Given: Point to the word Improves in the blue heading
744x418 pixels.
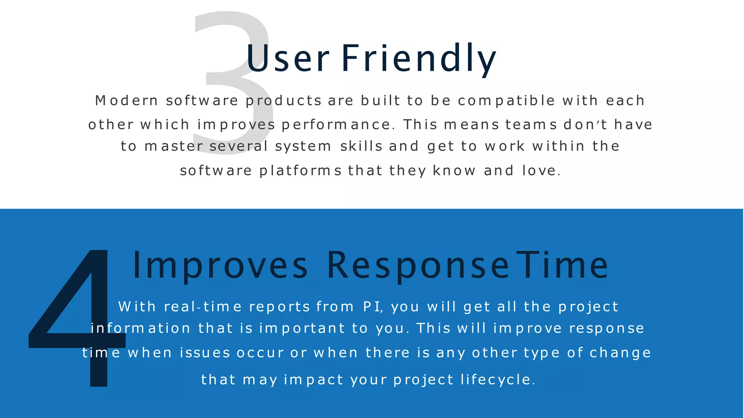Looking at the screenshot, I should tap(220, 266).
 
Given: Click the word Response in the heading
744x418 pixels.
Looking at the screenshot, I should tap(418, 266).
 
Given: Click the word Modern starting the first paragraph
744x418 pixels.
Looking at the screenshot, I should tap(126, 101).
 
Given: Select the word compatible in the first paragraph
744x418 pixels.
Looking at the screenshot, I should tap(506, 101).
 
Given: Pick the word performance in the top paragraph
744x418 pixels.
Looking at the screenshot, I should tap(338, 125).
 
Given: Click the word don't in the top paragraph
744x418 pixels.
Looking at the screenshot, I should tap(585, 125).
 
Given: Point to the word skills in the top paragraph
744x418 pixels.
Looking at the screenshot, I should tap(361, 146).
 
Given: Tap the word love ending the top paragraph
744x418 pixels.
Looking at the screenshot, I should tap(541, 171).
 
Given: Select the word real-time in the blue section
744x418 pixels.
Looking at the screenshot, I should tap(203, 307).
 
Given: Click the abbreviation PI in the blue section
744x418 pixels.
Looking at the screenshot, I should tap(372, 307).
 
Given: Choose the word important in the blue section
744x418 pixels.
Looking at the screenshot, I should tap(302, 328).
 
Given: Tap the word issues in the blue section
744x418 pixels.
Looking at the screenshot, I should tap(205, 353).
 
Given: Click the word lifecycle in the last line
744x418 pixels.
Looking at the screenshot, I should tap(498, 380).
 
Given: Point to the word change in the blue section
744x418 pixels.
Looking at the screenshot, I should tap(620, 353).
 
